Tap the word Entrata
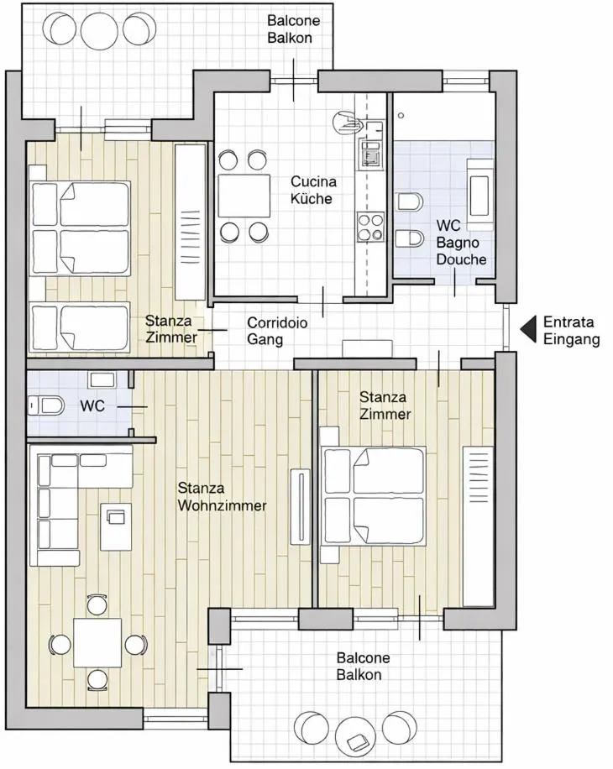568,322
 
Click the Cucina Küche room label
313,190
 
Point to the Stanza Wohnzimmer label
222,496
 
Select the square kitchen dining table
244,196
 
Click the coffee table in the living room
116,526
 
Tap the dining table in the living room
97,642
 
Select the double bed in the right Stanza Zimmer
375,496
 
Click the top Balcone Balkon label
293,28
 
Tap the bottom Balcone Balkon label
363,666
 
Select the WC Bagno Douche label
461,243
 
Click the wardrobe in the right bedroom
480,526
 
